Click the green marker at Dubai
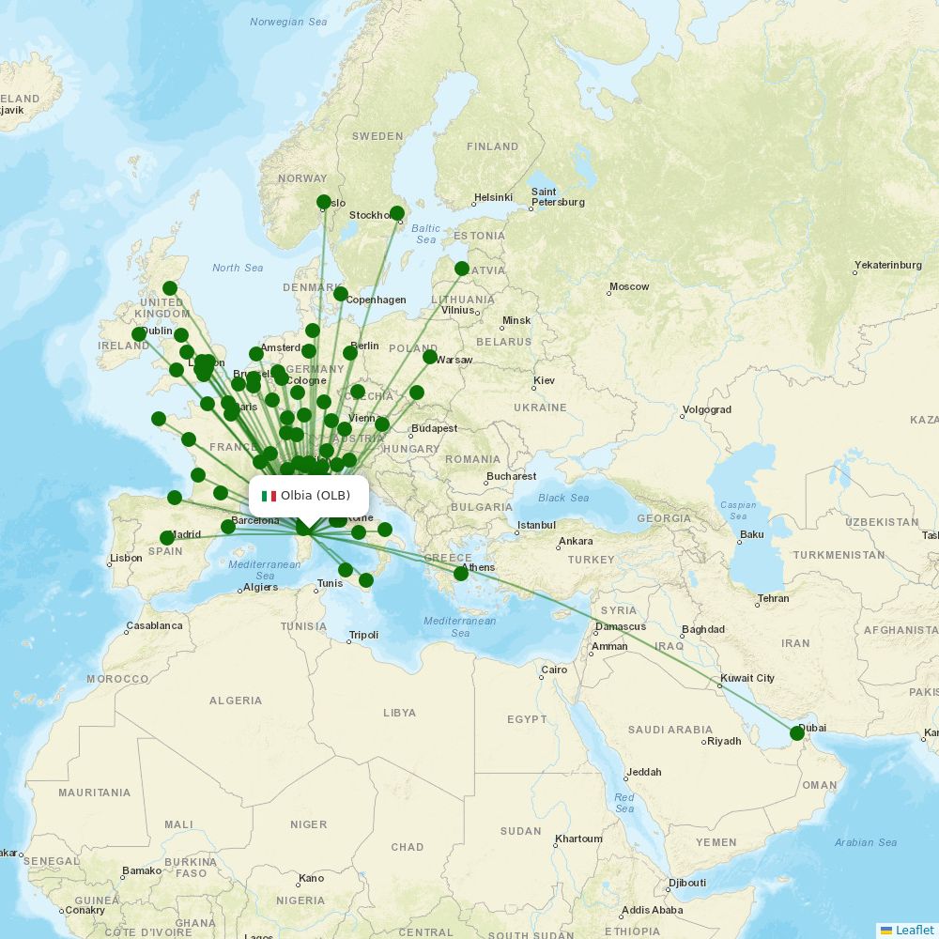[797, 733]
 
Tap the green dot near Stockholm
[397, 213]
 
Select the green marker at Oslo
[324, 202]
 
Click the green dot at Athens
[461, 573]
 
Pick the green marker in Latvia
[462, 269]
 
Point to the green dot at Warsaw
[430, 357]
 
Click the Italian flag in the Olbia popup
[269, 496]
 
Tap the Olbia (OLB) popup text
[316, 496]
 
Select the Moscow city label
[629, 286]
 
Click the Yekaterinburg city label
[888, 265]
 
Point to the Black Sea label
[564, 498]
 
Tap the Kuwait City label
[747, 678]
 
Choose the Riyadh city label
[724, 741]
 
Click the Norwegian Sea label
[288, 22]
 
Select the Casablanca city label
[154, 625]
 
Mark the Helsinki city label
[493, 197]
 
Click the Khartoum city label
[577, 839]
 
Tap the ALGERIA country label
[236, 700]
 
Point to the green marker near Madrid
[167, 538]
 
